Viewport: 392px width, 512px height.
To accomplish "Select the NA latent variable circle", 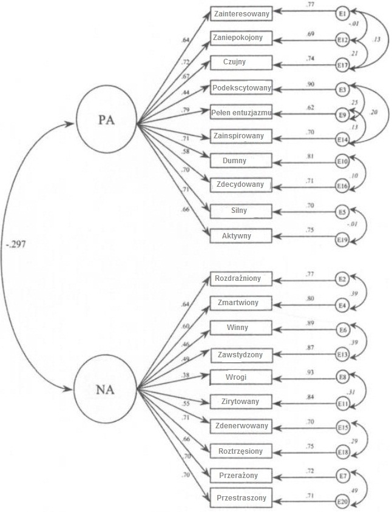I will coord(103,388).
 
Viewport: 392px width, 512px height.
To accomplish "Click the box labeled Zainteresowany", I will coord(242,13).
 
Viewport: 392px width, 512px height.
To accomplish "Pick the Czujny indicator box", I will coord(242,62).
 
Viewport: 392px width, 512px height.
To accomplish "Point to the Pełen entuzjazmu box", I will coord(242,112).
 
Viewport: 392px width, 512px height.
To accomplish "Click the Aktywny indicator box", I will coord(242,235).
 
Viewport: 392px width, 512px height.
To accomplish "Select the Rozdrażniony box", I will coord(242,279).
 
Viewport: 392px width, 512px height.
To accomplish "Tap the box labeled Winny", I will coord(242,328).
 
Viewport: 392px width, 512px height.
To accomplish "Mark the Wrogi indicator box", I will coord(242,377).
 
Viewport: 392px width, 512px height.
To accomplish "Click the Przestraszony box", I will coord(242,499).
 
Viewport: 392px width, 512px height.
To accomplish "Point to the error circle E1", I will coord(342,12).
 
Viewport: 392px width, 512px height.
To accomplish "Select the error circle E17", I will coord(342,62).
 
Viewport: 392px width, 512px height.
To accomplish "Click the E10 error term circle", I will coord(342,161).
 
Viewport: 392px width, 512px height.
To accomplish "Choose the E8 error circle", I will coord(342,377).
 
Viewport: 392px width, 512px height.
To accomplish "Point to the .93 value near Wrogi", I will coord(309,371).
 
